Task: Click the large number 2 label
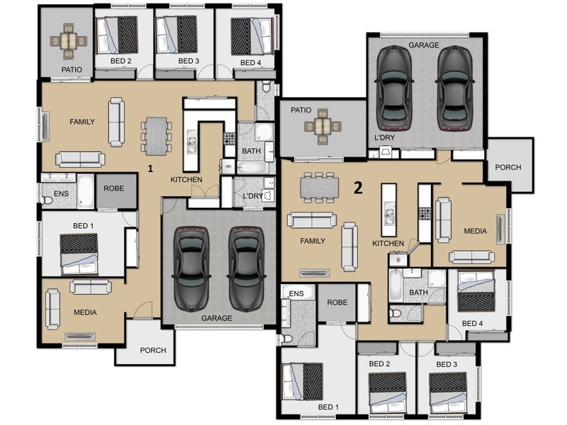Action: click(x=358, y=188)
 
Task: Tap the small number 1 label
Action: click(x=150, y=169)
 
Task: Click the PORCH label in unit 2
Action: click(x=508, y=167)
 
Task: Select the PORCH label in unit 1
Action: click(x=153, y=350)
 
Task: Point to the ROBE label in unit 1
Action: click(x=113, y=188)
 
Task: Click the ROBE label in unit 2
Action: click(x=337, y=302)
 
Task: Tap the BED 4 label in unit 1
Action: click(x=251, y=62)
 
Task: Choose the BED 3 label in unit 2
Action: click(x=447, y=364)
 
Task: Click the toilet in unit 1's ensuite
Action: click(x=47, y=200)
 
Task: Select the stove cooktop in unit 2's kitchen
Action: click(x=425, y=213)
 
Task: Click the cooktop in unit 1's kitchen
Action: click(x=229, y=138)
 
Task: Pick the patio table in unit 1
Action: click(x=69, y=41)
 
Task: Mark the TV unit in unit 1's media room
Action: click(x=80, y=337)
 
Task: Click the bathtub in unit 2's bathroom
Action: click(x=395, y=285)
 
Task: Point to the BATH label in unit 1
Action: click(x=252, y=151)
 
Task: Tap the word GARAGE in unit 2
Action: click(x=424, y=45)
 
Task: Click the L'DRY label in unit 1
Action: click(x=253, y=196)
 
